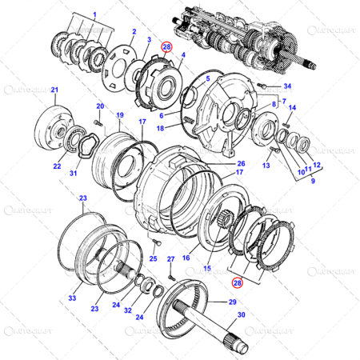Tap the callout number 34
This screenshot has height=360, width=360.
pos(288,86)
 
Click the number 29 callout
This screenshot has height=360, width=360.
pos(233,302)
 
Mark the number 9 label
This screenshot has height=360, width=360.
pos(302,181)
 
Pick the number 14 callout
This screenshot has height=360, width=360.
pos(293,107)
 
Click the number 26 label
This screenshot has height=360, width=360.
pos(241,164)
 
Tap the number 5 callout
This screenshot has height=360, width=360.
pos(207,78)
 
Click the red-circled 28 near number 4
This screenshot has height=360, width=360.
pos(166,47)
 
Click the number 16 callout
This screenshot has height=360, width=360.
pos(185,258)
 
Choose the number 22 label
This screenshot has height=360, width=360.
pos(57,166)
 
